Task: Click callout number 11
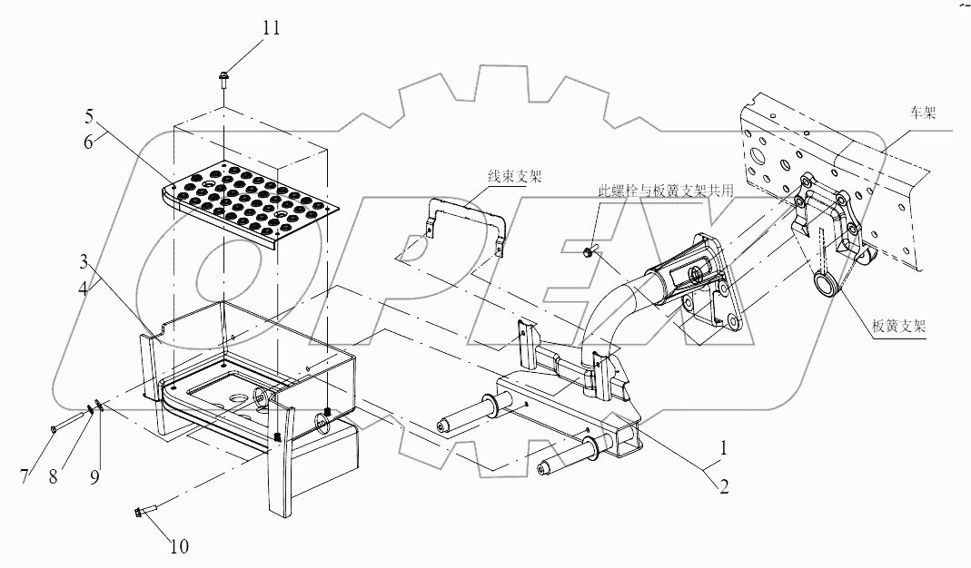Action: (272, 28)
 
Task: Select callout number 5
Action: (89, 117)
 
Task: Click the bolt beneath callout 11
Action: (223, 80)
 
